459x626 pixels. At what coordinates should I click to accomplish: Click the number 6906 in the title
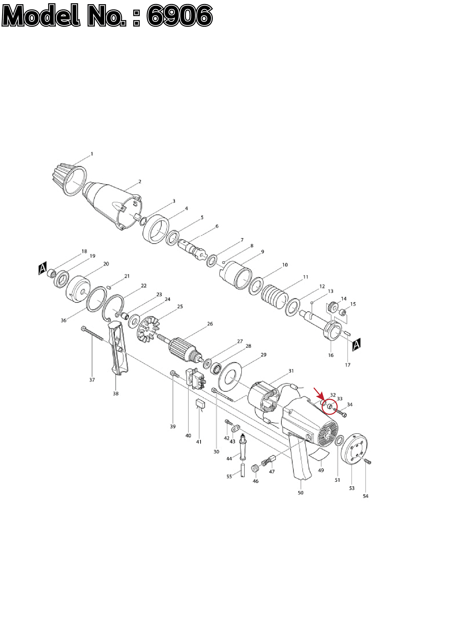click(180, 15)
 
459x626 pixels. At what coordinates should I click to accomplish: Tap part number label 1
click(92, 154)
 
